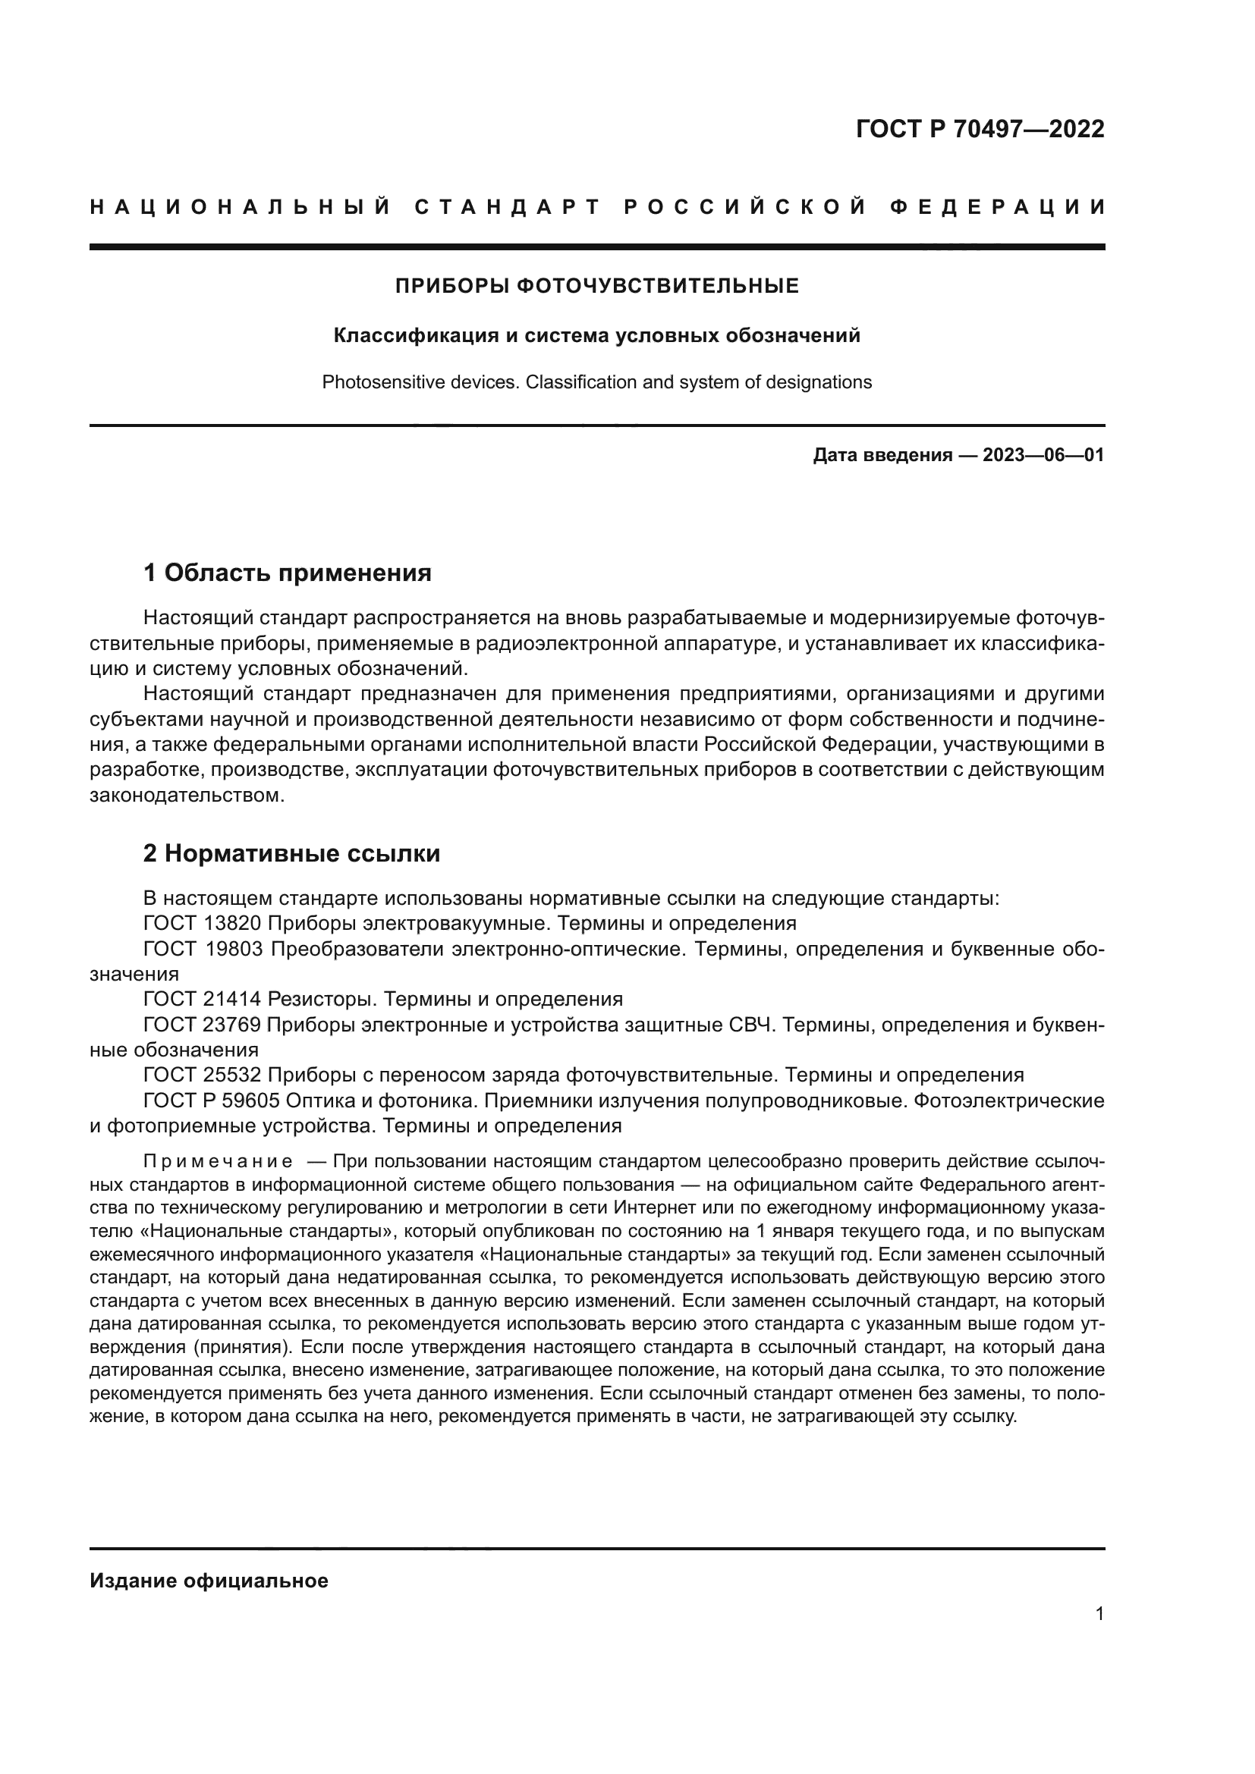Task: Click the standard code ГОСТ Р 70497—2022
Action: pos(980,129)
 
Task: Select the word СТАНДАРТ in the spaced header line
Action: pos(508,207)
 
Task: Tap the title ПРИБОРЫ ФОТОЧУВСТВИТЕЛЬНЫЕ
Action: pos(596,287)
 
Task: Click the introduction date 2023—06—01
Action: pos(1043,455)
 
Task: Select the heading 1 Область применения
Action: pos(287,573)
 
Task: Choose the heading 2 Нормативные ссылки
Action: pos(291,853)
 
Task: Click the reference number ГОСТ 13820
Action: pos(204,923)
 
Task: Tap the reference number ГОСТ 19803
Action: pos(204,949)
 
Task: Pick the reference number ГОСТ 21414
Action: pos(204,999)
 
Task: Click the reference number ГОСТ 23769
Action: pos(204,1025)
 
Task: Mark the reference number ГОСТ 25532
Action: pos(204,1075)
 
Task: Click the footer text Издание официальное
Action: pos(209,1581)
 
